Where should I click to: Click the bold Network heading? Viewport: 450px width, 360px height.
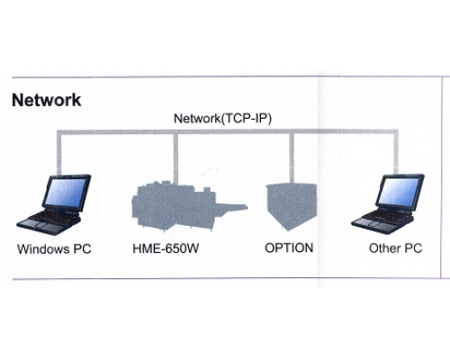coord(47,100)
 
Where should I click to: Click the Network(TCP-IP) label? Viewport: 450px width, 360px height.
coord(222,119)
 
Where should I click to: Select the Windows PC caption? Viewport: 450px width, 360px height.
coord(54,249)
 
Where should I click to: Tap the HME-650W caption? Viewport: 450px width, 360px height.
coord(166,248)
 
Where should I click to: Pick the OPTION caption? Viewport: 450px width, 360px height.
coord(289,247)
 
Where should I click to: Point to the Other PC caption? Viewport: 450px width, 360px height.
coord(395,248)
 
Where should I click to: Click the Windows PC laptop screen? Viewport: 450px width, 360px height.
coord(66,192)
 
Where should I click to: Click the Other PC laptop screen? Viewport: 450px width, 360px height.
coord(399,191)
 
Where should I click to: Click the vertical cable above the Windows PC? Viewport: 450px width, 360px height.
coord(59,152)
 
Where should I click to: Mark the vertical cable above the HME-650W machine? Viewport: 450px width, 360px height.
coord(175,157)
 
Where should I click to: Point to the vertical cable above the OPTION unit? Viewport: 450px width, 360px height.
coord(292,157)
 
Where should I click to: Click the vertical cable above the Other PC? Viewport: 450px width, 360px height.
coord(396,152)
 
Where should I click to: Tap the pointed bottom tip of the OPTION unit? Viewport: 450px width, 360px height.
coord(288,230)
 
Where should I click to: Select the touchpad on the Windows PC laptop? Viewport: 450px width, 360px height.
coord(39,224)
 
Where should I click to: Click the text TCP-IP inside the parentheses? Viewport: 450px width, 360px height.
coord(246,119)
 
